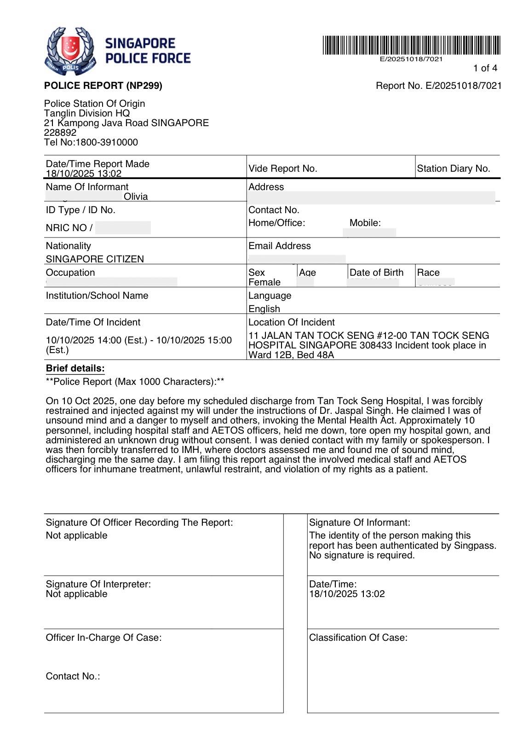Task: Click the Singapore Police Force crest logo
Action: click(x=70, y=51)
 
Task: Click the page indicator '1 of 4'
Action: click(x=485, y=68)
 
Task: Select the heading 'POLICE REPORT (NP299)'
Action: click(x=103, y=86)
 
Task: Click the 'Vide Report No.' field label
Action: click(x=282, y=168)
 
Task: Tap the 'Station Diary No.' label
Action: click(x=453, y=168)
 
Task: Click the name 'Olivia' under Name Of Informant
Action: click(x=136, y=197)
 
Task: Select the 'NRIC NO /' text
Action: click(x=69, y=228)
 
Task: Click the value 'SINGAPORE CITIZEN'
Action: click(x=95, y=259)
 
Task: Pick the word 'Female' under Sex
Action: click(x=264, y=282)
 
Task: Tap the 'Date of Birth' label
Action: click(x=376, y=273)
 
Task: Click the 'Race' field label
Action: click(x=428, y=273)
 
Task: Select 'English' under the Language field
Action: click(x=264, y=309)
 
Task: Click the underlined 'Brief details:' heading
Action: click(x=75, y=368)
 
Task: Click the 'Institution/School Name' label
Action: click(x=97, y=296)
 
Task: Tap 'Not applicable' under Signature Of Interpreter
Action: click(x=76, y=594)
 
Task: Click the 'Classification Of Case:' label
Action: click(x=358, y=638)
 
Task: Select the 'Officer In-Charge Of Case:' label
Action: click(x=103, y=638)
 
